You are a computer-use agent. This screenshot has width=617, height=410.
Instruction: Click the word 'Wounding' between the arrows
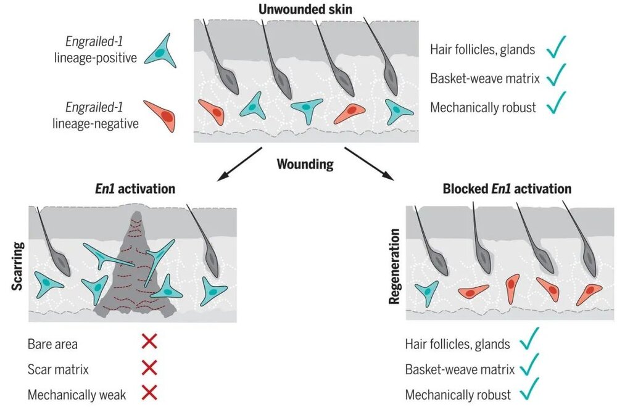pyautogui.click(x=305, y=165)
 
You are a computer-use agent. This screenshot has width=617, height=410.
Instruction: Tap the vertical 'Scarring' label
pyautogui.click(x=18, y=262)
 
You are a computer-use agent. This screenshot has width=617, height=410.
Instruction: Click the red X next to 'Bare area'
pyautogui.click(x=149, y=343)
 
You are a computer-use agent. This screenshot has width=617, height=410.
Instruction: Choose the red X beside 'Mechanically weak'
pyautogui.click(x=149, y=393)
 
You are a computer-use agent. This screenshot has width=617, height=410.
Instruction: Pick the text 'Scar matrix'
pyautogui.click(x=58, y=369)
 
